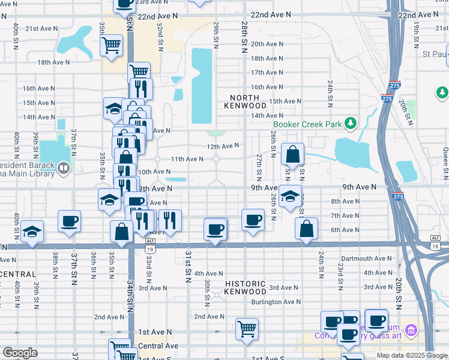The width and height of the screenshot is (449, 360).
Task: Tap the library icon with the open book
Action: point(64,167)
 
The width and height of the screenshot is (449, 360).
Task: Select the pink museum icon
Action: point(411,329)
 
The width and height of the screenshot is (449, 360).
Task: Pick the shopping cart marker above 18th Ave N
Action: point(112,45)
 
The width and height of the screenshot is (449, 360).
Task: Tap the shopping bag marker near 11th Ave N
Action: point(292,154)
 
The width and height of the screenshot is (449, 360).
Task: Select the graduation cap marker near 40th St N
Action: point(31,232)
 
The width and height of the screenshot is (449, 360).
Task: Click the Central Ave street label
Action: point(158,346)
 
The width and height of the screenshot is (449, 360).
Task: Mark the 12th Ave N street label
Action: point(223,146)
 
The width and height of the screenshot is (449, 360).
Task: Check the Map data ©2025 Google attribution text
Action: point(411,355)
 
